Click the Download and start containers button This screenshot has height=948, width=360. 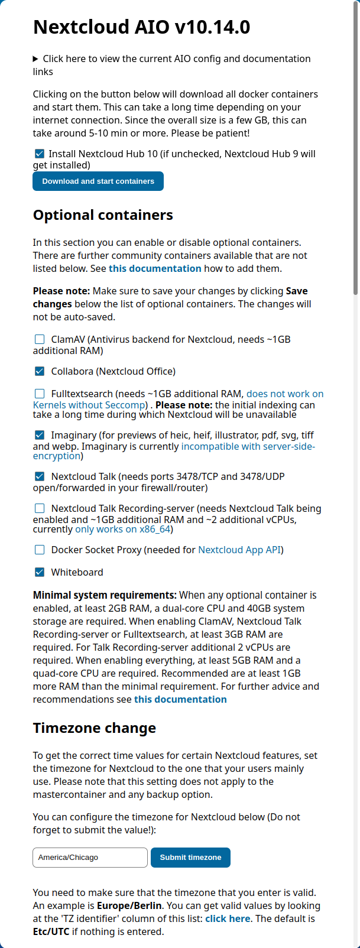[x=98, y=181]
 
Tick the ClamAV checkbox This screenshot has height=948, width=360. [x=40, y=339]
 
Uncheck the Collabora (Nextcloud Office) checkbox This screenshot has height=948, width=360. [x=40, y=371]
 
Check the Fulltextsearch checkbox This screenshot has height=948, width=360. [x=40, y=394]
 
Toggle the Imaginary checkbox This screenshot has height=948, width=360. [x=40, y=435]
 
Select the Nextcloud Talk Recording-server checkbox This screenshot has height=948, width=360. [x=40, y=508]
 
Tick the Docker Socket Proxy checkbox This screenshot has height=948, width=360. [x=40, y=550]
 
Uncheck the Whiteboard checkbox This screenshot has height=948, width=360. [x=40, y=572]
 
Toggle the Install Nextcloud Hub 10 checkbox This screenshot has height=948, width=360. [x=40, y=154]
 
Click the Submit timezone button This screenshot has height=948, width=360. [x=190, y=858]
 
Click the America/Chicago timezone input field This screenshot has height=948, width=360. [x=90, y=858]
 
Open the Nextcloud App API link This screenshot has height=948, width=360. [x=239, y=550]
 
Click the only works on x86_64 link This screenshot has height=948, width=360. [x=122, y=530]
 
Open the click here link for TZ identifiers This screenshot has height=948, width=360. [x=228, y=918]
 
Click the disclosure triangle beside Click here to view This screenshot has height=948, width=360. [x=36, y=59]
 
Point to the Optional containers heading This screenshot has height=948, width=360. [x=103, y=215]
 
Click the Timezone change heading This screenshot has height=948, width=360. [x=95, y=728]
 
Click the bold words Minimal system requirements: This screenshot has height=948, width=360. [x=105, y=595]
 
